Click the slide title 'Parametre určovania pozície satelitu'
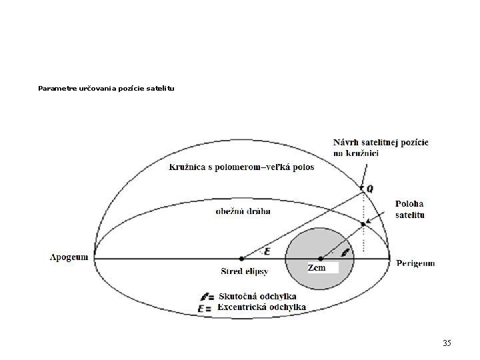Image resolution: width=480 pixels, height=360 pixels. click(x=107, y=88)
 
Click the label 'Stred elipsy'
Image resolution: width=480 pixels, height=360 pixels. click(x=244, y=271)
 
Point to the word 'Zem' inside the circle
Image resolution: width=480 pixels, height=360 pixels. click(x=317, y=267)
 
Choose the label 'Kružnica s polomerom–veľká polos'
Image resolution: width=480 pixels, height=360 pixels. click(x=241, y=167)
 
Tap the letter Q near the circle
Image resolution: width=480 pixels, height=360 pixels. click(x=370, y=189)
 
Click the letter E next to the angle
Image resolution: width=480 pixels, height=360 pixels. click(x=267, y=251)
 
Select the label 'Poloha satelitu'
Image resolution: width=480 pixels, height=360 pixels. click(x=410, y=209)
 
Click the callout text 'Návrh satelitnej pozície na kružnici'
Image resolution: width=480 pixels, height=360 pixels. click(x=380, y=148)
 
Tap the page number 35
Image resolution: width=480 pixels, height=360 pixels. click(x=447, y=343)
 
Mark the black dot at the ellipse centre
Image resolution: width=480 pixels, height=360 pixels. click(x=241, y=258)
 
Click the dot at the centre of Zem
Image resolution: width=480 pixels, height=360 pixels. click(x=320, y=258)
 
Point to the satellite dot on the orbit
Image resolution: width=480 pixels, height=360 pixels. click(x=363, y=224)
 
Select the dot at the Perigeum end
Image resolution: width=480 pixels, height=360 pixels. click(x=389, y=258)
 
